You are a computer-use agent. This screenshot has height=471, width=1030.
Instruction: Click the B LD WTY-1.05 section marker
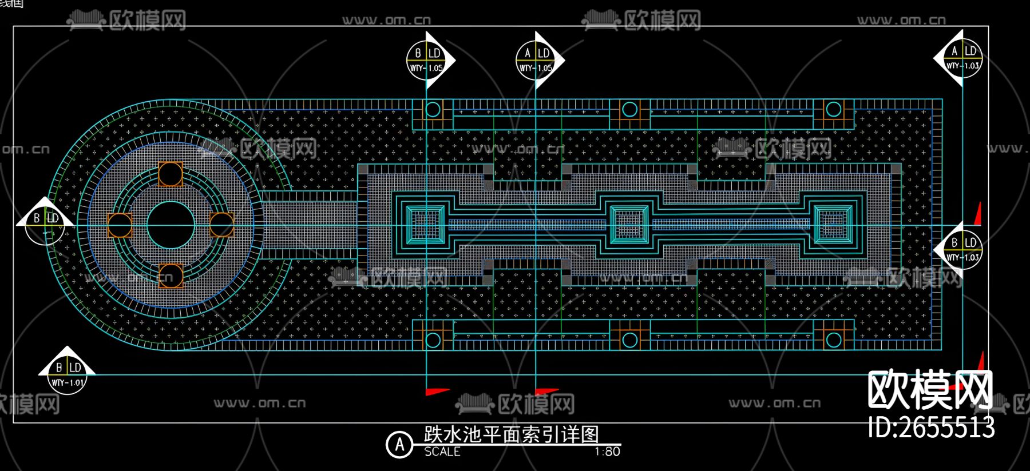coord(426,60)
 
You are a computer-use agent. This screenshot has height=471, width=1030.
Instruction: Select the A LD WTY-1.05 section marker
coord(536,60)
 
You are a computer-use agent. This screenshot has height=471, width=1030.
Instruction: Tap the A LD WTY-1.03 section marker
coord(962,58)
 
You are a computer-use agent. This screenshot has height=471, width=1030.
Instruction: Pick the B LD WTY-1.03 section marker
coord(962,250)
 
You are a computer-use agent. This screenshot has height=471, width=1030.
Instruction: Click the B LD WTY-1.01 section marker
coord(68,374)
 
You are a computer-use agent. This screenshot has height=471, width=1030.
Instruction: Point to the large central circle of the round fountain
coord(171,225)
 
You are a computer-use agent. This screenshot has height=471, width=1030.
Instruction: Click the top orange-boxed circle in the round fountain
coord(171,174)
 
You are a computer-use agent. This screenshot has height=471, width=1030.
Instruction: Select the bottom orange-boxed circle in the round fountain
coord(171,276)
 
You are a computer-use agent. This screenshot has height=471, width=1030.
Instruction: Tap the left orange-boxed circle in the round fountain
coord(120,225)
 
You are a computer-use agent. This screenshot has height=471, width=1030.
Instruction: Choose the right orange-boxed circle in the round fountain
coord(221,225)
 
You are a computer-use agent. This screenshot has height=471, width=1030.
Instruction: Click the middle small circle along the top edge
coord(629,109)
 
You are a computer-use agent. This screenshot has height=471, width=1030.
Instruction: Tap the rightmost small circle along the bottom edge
coord(834,340)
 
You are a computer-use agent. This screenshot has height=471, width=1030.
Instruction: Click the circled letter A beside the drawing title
coord(399,445)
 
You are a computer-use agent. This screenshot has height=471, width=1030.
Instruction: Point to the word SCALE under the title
coord(442,452)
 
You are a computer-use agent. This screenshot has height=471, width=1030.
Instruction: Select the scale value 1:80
coord(607,452)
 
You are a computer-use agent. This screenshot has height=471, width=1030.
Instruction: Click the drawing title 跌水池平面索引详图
coord(511,434)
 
